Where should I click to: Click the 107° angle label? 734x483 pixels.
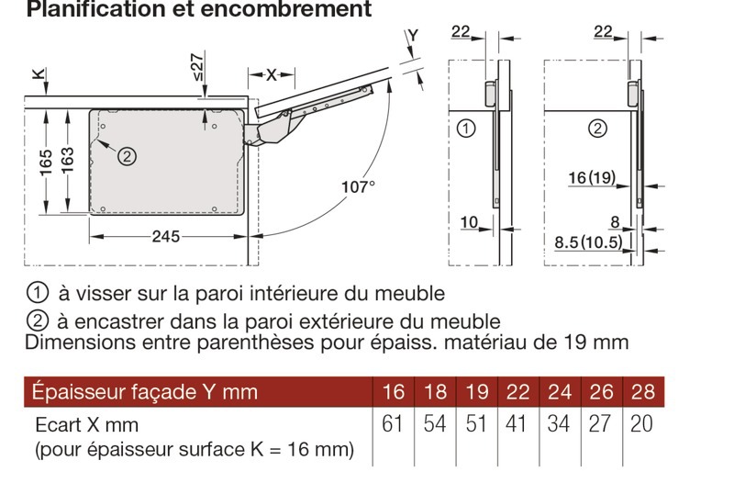[x=358, y=187]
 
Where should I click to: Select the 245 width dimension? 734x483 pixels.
[x=166, y=237]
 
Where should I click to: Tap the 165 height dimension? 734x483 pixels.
[x=46, y=163]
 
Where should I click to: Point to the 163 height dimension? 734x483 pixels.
[x=67, y=160]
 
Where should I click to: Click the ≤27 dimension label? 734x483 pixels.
[x=197, y=67]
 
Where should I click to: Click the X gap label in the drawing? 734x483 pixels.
[x=272, y=75]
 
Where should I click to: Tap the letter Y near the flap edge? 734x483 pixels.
[x=413, y=36]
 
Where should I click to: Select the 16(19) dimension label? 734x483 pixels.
[x=592, y=177]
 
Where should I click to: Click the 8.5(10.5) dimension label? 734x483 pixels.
[x=589, y=242]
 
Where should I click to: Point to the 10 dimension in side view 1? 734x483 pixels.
[x=469, y=222]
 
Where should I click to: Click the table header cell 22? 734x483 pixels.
[x=517, y=392]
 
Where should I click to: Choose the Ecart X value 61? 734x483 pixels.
[x=393, y=424]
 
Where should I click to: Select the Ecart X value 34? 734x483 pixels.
[x=559, y=424]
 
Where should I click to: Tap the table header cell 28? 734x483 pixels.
[x=643, y=392]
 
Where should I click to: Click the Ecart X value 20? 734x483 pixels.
[x=641, y=424]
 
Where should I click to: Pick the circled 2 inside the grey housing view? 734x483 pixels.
[x=127, y=156]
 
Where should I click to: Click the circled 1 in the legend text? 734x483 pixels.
[x=38, y=293]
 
